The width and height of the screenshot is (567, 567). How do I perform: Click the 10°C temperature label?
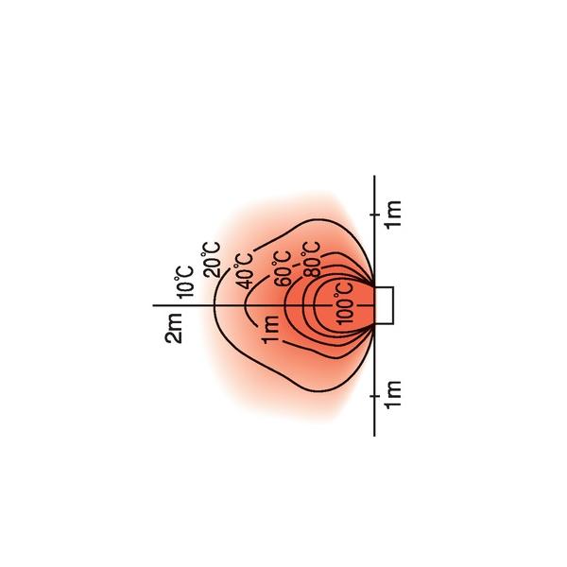(184, 282)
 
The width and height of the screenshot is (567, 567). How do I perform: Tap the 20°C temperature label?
(211, 260)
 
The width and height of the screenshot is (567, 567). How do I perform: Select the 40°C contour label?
(244, 271)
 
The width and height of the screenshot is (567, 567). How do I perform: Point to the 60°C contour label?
(283, 268)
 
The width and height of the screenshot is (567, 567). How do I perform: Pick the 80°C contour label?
(311, 260)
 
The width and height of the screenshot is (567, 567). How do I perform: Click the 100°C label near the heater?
(344, 303)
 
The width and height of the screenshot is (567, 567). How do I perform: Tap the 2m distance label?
(174, 328)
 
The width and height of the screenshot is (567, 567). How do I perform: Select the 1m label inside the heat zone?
(270, 330)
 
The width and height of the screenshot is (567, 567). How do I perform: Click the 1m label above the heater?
(393, 215)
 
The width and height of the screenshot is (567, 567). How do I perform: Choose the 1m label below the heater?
(393, 395)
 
